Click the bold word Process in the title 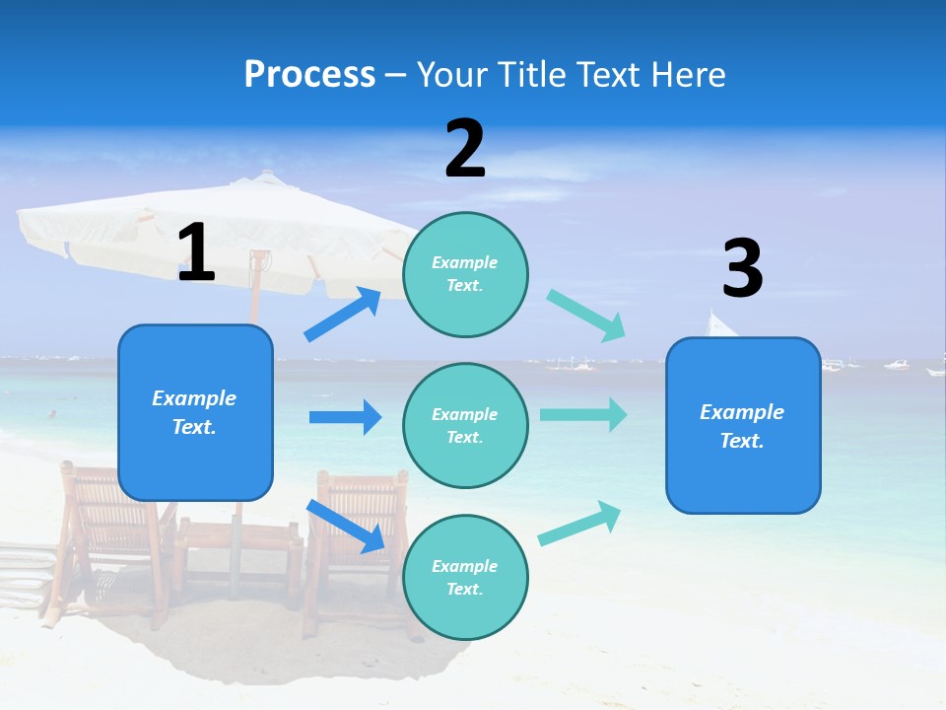(309, 75)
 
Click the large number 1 (196, 253)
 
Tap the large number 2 (465, 149)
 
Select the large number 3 (742, 268)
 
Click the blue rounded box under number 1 (195, 412)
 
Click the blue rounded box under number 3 (743, 426)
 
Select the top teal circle (465, 274)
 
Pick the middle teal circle (465, 426)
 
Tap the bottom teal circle (465, 578)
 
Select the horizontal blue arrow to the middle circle (345, 417)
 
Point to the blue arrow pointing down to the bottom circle (346, 526)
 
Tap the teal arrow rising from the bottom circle (579, 524)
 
